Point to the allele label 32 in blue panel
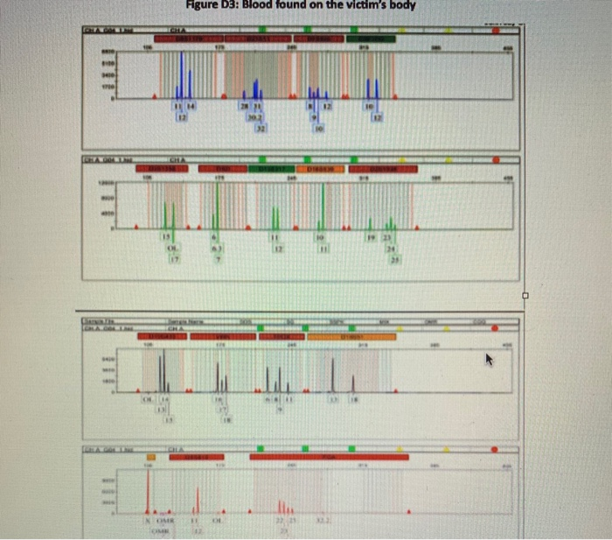click(259, 128)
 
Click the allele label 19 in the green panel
click(370, 238)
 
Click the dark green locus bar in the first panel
click(372, 39)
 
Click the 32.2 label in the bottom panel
click(321, 520)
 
